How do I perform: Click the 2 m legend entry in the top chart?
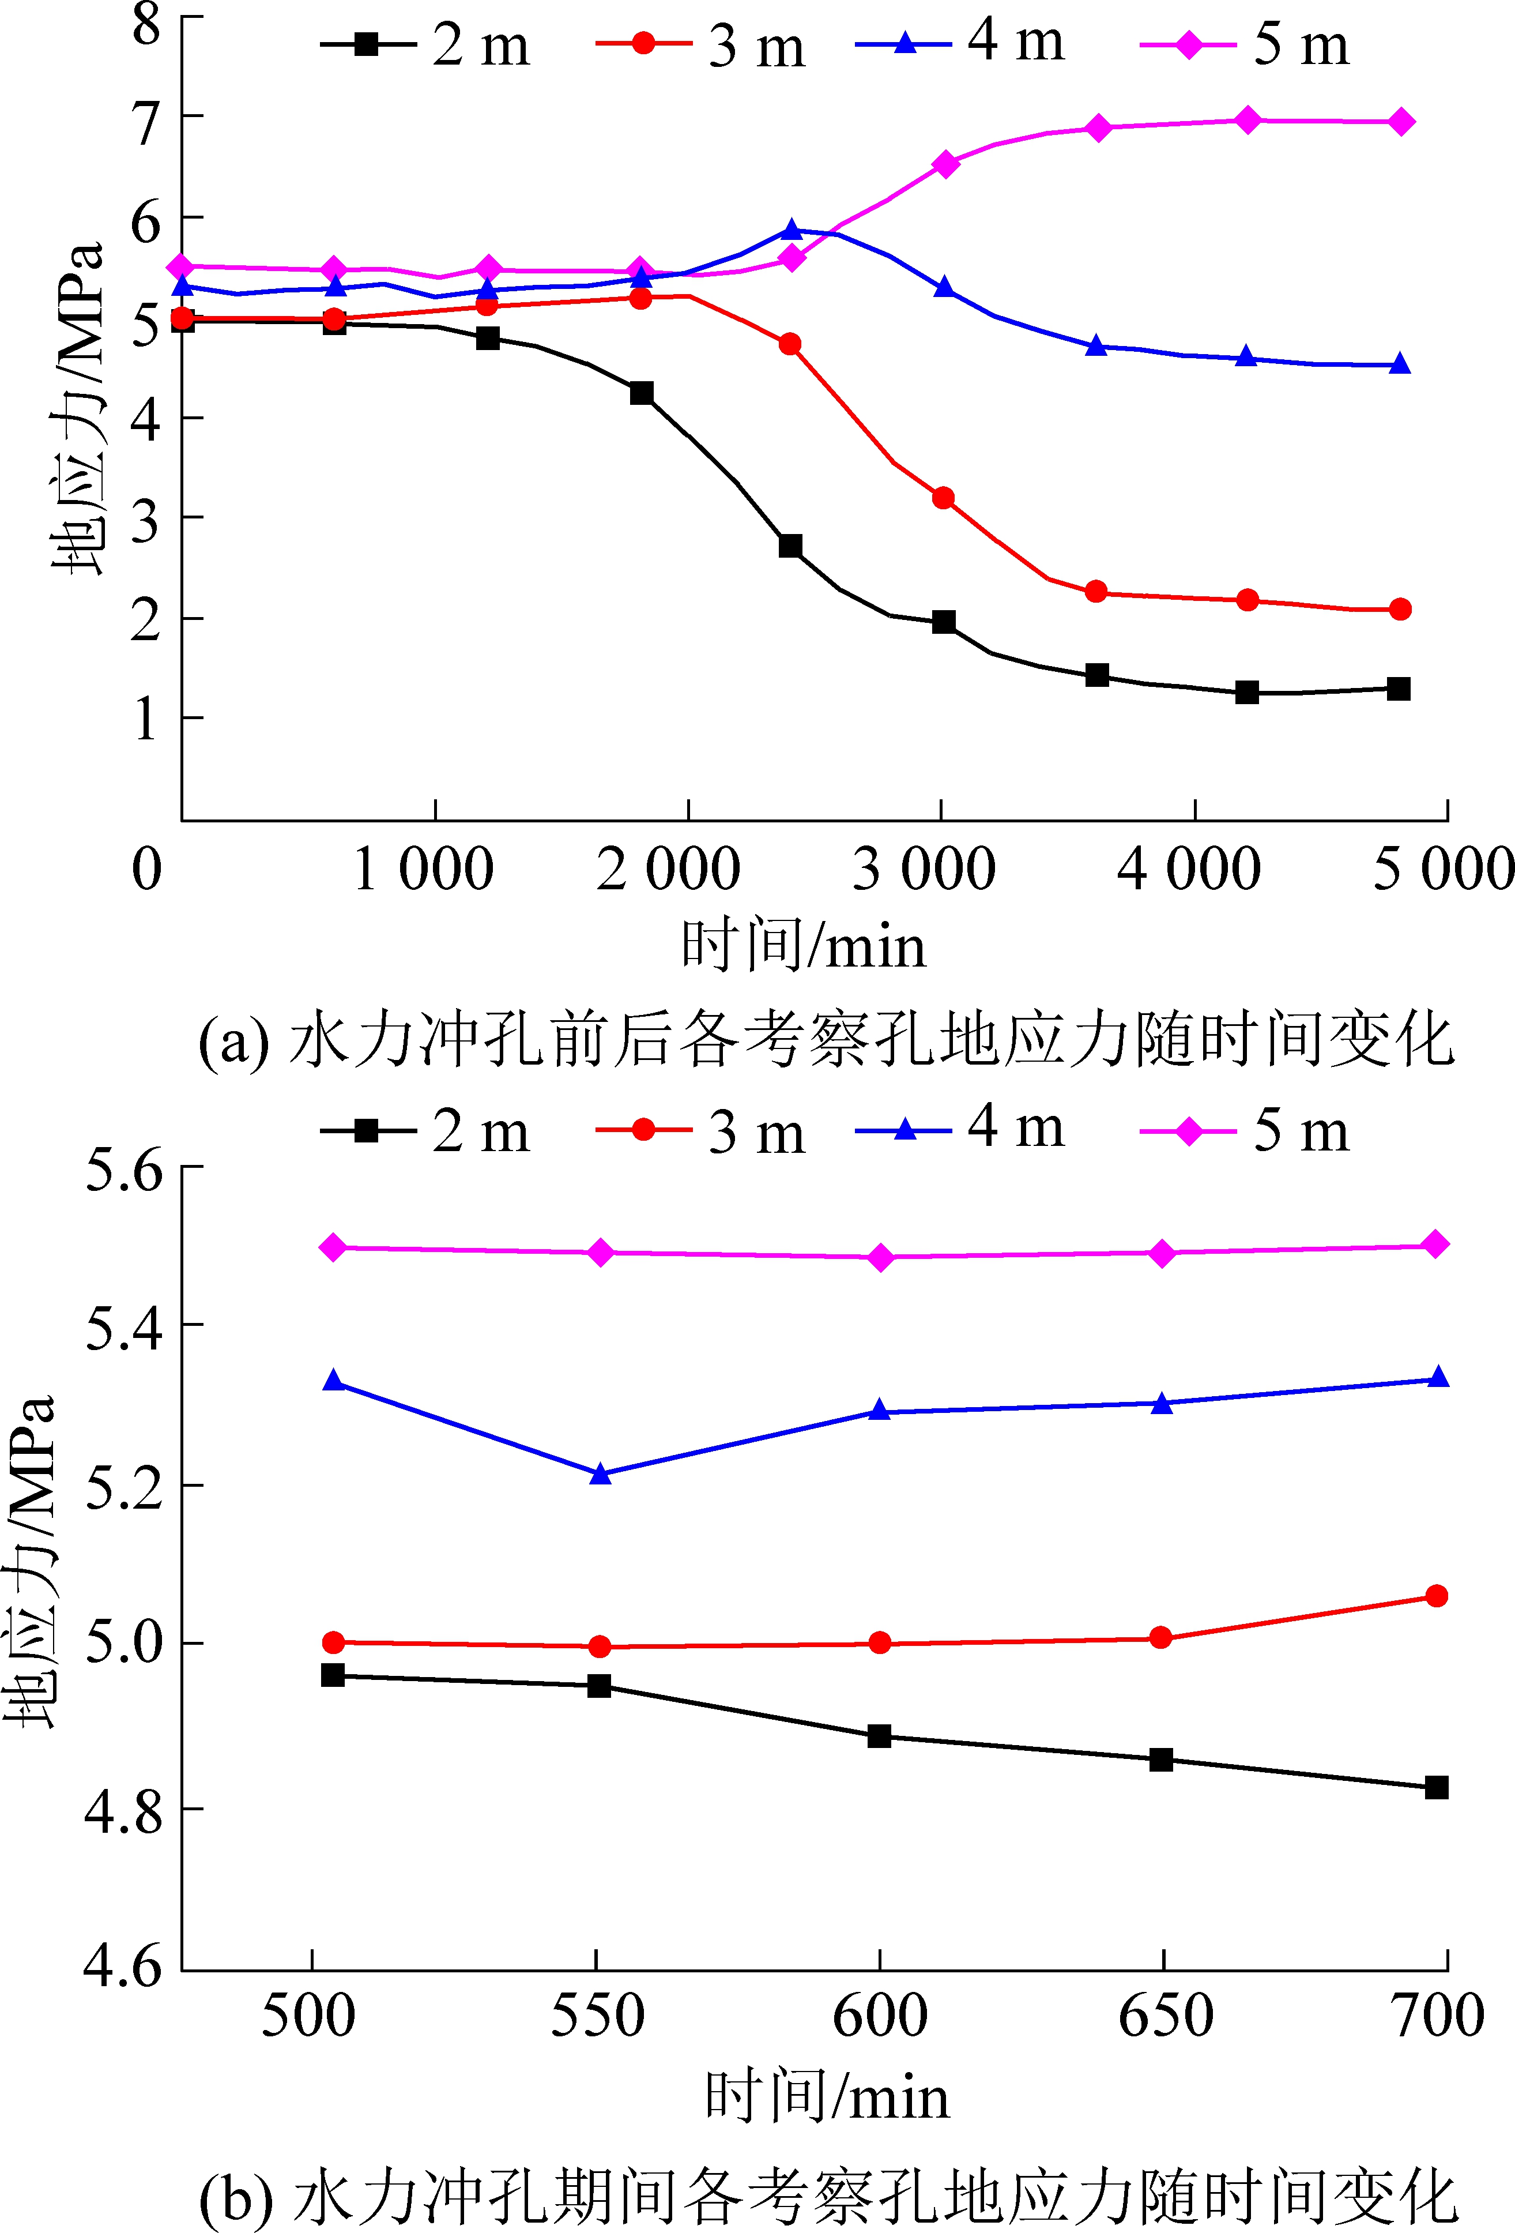coord(425,44)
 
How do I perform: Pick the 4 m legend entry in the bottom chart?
coord(960,1129)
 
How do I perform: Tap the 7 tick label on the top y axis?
coord(146,123)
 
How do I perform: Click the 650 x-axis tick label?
coord(1165,2014)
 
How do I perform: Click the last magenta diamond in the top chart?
coord(1401,122)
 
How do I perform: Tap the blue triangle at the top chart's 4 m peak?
coord(792,230)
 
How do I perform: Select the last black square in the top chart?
coord(1399,689)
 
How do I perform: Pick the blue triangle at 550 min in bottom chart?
coord(600,1474)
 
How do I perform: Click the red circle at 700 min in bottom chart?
coord(1436,1596)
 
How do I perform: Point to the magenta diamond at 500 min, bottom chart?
coord(333,1247)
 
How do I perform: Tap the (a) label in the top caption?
coord(233,1042)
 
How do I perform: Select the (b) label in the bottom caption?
coord(235,2194)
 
